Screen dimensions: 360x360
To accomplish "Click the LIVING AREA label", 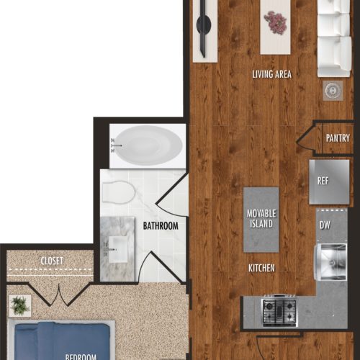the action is [271, 74].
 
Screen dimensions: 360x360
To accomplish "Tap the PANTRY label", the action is [338, 138].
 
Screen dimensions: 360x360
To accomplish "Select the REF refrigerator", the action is [329, 181].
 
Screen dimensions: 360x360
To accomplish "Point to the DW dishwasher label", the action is [325, 225].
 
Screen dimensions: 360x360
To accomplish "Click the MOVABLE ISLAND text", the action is [261, 218].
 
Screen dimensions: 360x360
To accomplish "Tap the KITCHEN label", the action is [261, 268].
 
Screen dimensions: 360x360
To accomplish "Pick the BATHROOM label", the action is [161, 226].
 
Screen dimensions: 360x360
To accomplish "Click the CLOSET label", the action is [52, 261].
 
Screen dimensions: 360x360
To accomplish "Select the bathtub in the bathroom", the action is [147, 145].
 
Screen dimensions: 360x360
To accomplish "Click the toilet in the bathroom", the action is [118, 192].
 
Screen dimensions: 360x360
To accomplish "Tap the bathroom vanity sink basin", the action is [117, 250].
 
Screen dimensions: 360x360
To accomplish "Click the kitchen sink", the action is [330, 262].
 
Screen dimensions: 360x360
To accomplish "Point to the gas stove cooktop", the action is [279, 310].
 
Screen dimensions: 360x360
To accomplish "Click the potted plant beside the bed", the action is [19, 305].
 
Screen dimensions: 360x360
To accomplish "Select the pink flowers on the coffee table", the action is [275, 23].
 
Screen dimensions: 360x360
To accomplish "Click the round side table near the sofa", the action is [333, 91].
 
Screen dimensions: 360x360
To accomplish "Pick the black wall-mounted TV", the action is [204, 27].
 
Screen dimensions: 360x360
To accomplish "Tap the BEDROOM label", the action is [81, 356].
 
